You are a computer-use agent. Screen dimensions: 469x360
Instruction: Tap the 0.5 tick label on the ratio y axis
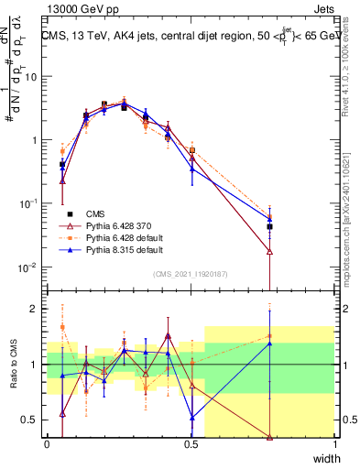(x=30, y=420)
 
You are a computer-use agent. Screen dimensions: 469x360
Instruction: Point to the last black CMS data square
(x=270, y=226)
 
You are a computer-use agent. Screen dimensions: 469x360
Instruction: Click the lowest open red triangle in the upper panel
(x=270, y=251)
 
